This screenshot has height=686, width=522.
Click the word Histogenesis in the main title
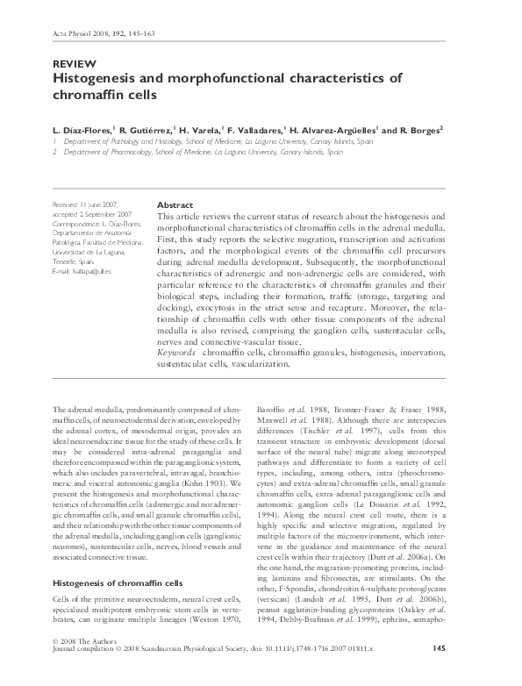coord(97,78)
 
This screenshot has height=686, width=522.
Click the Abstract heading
coord(175,204)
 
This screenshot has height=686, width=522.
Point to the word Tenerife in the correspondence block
coord(67,262)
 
